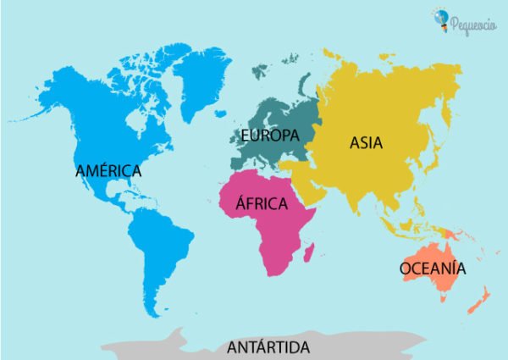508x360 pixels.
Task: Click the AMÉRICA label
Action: pyautogui.click(x=108, y=170)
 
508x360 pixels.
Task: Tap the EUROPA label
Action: pyautogui.click(x=269, y=136)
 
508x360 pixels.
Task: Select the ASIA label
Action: pyautogui.click(x=366, y=143)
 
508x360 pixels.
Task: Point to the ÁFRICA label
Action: pyautogui.click(x=262, y=204)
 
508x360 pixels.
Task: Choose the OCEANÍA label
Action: pyautogui.click(x=432, y=269)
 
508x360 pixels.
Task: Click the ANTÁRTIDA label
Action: pyautogui.click(x=268, y=347)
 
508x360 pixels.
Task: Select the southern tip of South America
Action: pyautogui.click(x=153, y=312)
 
